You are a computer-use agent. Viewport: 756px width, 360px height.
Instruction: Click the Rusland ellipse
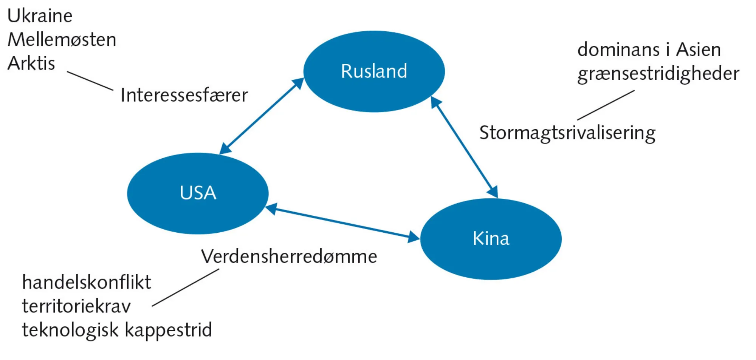[374, 71]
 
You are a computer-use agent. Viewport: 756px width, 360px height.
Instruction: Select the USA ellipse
[198, 193]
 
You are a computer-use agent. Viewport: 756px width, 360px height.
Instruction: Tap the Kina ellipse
[491, 239]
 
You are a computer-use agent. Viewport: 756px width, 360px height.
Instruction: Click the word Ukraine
[40, 16]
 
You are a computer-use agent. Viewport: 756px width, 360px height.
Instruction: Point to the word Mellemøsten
[62, 40]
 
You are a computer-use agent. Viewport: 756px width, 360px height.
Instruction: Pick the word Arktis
[31, 63]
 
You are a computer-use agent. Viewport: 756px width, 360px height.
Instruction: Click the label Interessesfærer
[184, 95]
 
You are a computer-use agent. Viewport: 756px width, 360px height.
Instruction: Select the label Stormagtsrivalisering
[567, 133]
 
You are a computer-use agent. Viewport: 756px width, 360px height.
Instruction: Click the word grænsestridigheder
[658, 74]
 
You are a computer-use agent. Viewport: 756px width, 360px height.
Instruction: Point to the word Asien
[698, 50]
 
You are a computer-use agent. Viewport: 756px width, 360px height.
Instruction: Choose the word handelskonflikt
[87, 283]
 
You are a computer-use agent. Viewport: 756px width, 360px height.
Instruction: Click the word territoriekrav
[76, 306]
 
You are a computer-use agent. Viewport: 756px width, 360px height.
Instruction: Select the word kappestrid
[168, 330]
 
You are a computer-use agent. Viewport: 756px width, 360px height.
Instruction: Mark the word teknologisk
[70, 330]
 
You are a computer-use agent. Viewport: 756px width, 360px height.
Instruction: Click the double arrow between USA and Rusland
[262, 116]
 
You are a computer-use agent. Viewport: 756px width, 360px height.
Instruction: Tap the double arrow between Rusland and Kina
[464, 147]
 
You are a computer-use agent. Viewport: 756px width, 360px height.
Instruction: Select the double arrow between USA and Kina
[342, 223]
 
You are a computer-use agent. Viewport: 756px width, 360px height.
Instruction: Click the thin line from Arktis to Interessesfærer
[90, 80]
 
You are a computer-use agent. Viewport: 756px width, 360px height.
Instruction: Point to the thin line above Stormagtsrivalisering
[606, 105]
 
